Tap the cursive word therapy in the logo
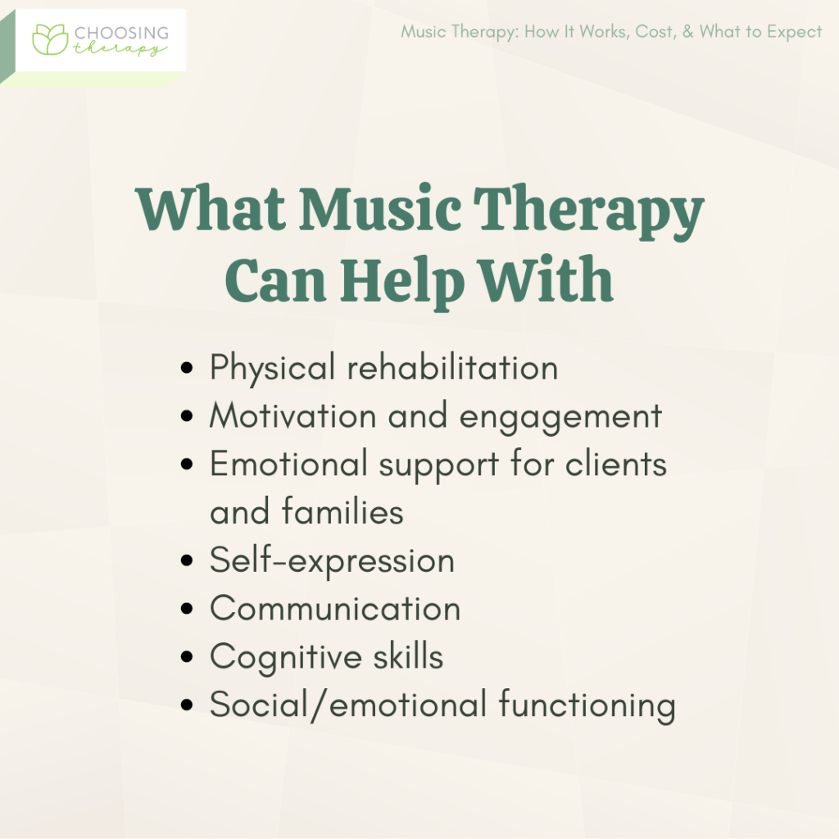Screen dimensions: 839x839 (x=123, y=49)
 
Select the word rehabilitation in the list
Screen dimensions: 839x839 (x=452, y=368)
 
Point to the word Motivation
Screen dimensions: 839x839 (x=293, y=416)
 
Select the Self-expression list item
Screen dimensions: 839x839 (x=332, y=561)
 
